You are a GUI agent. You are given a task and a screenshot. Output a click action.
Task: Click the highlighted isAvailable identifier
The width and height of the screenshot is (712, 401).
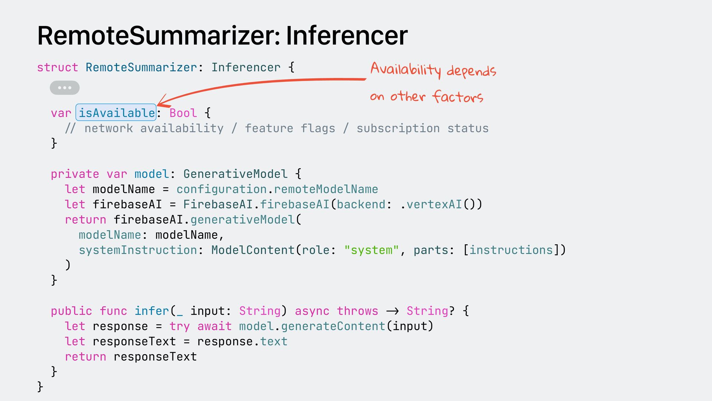click(116, 113)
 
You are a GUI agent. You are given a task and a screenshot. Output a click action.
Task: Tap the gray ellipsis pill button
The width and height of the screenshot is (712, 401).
click(65, 88)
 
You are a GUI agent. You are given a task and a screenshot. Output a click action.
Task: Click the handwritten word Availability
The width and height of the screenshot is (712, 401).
click(406, 69)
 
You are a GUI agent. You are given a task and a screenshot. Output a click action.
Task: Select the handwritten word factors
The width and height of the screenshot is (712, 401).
click(458, 97)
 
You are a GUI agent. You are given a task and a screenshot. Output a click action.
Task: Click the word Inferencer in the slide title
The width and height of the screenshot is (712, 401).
click(347, 36)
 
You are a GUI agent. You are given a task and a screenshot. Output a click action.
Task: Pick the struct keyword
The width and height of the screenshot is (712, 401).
click(57, 68)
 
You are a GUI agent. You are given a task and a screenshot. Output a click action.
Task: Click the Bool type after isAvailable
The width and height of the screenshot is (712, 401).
click(183, 113)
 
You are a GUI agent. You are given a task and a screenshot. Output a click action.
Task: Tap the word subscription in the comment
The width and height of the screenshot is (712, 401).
click(398, 128)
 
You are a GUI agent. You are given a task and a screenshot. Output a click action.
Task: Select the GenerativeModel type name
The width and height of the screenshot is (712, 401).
click(235, 174)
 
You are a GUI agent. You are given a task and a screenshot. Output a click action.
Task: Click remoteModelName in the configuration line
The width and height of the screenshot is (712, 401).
click(326, 189)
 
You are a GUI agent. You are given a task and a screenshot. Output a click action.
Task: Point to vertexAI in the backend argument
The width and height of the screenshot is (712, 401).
click(434, 204)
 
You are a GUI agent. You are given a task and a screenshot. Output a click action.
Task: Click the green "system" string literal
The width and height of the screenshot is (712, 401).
click(371, 250)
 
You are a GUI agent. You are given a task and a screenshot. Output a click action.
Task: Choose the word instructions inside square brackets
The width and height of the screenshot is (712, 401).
click(511, 250)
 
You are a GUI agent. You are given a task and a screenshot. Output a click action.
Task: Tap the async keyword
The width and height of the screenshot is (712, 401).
click(312, 311)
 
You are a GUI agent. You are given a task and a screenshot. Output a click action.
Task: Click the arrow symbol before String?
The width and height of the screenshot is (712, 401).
click(392, 311)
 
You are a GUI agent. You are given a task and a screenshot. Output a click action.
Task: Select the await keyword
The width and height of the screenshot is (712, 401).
click(214, 326)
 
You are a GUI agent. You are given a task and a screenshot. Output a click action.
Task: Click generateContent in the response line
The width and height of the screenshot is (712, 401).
click(333, 326)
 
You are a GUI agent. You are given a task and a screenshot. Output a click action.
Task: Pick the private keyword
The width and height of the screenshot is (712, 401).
click(75, 174)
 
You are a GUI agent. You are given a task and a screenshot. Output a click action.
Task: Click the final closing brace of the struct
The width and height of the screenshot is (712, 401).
click(40, 387)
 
